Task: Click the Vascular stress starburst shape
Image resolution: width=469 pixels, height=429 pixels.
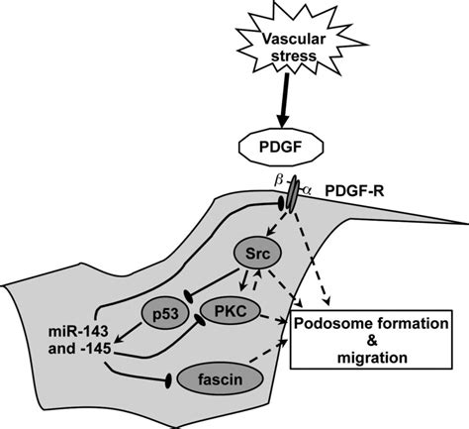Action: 294,47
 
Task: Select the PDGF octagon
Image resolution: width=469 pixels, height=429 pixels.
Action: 281,147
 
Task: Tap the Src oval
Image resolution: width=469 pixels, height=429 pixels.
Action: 257,254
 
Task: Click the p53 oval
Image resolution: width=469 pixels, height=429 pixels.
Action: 165,313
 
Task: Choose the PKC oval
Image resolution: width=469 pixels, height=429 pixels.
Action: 231,311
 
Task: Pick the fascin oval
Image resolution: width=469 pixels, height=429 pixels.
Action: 220,379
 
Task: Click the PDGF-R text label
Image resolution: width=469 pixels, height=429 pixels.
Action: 354,191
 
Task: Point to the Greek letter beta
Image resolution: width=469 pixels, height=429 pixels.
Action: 279,180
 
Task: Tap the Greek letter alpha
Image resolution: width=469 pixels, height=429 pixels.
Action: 307,190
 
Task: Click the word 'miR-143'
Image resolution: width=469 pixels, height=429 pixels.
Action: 78,331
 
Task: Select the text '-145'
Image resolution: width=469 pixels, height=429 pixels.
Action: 95,349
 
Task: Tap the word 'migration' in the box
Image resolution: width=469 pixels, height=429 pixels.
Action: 372,358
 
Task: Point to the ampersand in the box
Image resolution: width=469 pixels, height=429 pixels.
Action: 372,341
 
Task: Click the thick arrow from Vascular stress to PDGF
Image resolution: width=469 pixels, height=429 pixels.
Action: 283,100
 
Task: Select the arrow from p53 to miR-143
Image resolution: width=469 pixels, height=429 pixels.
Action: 129,333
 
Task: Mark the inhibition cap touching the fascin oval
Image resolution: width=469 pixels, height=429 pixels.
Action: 168,380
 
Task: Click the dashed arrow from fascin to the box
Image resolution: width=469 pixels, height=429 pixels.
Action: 268,351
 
